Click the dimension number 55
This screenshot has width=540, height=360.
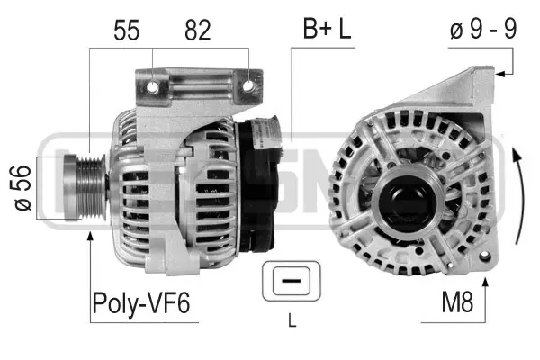tap(128, 31)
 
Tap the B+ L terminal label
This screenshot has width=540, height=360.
tap(326, 31)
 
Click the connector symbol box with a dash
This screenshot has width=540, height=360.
tap(290, 283)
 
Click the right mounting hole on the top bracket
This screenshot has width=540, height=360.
tap(247, 87)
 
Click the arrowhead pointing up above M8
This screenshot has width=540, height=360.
tap(487, 283)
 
